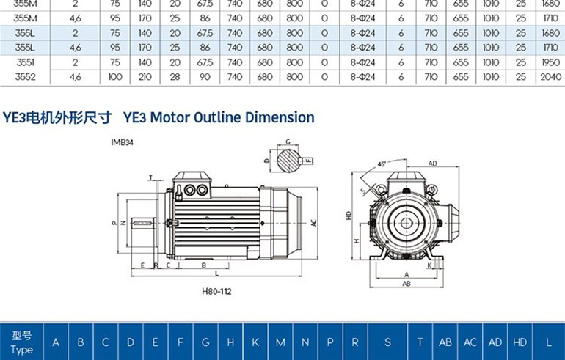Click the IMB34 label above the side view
[123, 144]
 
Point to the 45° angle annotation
[382, 164]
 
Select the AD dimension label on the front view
[433, 163]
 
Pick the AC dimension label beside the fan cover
[314, 222]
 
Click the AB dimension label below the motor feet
[407, 282]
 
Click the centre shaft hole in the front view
[407, 222]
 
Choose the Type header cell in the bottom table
[22, 342]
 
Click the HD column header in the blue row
[520, 342]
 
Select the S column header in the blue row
[387, 342]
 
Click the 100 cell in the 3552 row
[115, 76]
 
